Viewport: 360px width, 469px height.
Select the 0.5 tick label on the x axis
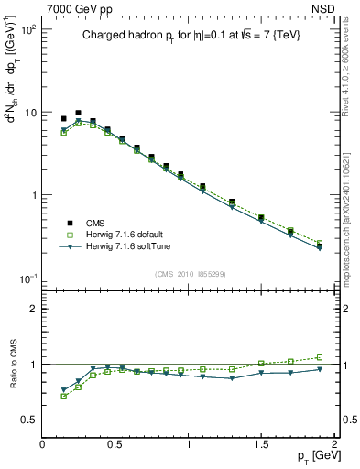pos(115,443)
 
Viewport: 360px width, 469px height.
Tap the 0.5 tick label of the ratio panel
pos(27,420)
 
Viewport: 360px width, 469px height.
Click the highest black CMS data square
pos(78,113)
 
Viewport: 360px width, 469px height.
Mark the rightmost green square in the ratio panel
pos(320,357)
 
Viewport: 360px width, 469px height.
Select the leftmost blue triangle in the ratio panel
pos(63,389)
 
